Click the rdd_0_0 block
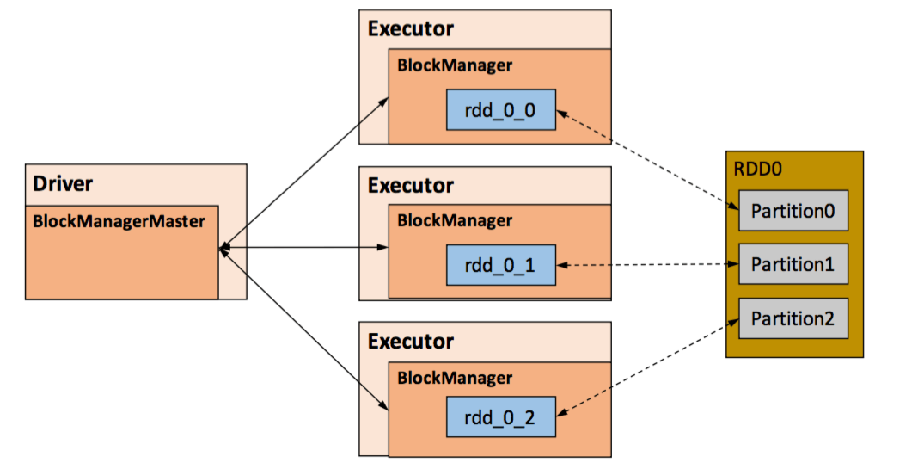[x=501, y=109]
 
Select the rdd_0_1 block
[x=501, y=265]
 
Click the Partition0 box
[x=793, y=211]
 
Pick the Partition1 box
[x=793, y=264]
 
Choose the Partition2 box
[x=793, y=318]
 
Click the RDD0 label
[x=757, y=169]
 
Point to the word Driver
[x=62, y=182]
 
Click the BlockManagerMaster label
[x=119, y=220]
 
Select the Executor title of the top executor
[x=410, y=28]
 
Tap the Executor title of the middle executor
[x=410, y=185]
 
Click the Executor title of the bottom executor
[x=410, y=341]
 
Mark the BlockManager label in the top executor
[x=454, y=65]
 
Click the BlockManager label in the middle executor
[x=454, y=220]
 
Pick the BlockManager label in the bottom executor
[x=454, y=378]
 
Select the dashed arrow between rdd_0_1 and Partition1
[x=646, y=265]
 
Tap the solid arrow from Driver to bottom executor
[x=303, y=326]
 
